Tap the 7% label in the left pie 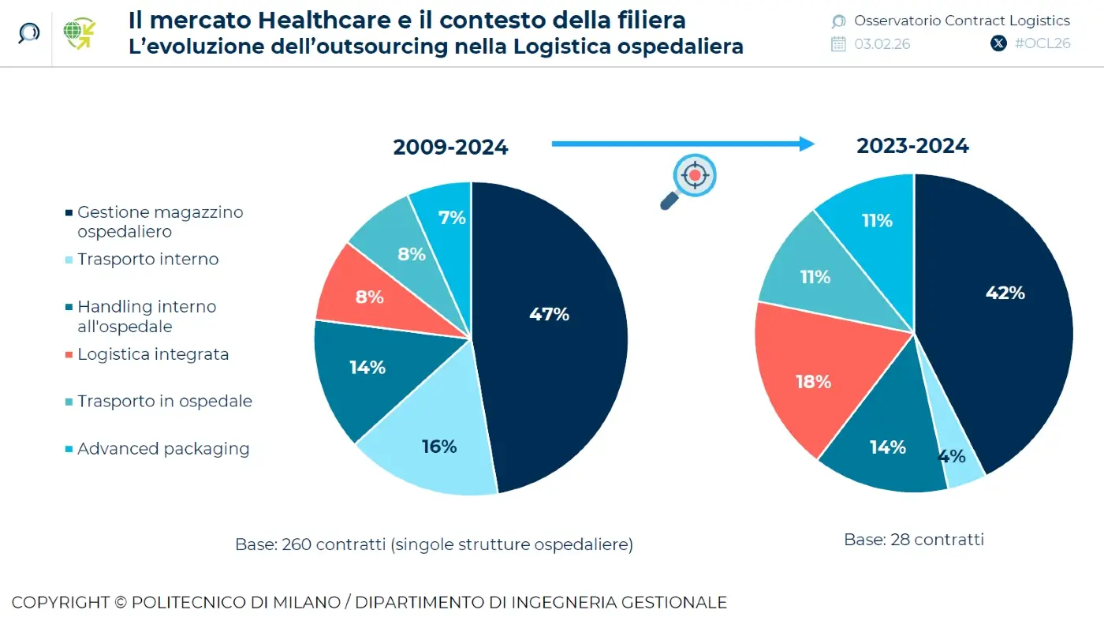coord(452,218)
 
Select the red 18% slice coord(813,382)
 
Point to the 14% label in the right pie coord(887,447)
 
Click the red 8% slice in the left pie coord(369,297)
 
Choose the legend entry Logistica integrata coord(152,354)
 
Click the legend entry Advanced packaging coord(162,449)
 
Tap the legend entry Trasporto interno coord(147,260)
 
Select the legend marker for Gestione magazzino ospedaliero coord(69,213)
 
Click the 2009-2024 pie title coord(450,148)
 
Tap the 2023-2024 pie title coord(912,146)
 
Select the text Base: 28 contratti coord(913,540)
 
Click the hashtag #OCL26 coord(1042,43)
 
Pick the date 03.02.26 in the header coord(882,43)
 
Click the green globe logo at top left coord(80,33)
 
